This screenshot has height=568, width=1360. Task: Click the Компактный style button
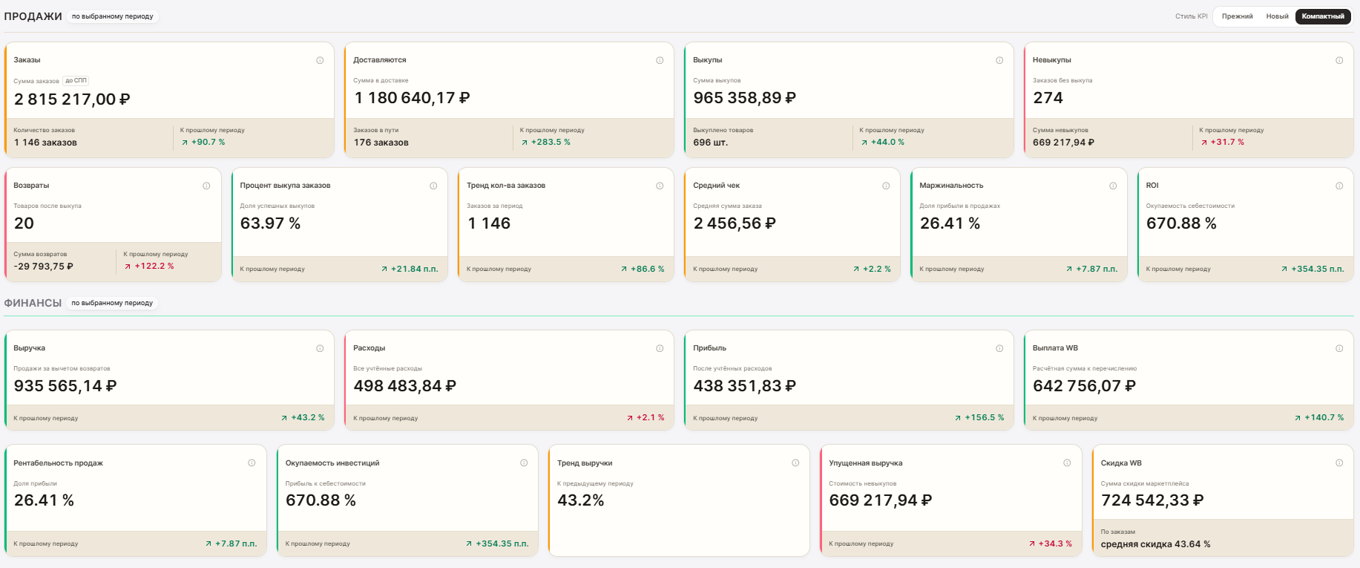pos(1323,16)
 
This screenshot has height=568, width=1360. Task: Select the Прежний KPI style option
pos(1237,16)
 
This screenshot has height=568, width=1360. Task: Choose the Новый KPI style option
pos(1277,16)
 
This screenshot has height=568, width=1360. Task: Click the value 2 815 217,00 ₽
pos(72,99)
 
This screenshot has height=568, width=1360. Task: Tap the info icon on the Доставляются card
pos(660,60)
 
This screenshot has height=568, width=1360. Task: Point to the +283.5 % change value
pos(551,142)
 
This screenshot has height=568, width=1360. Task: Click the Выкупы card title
pos(708,60)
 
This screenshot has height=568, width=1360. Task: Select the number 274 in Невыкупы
pos(1048,98)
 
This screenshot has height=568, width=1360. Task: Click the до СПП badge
pos(76,80)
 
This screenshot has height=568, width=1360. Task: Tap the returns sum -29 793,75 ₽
pos(44,266)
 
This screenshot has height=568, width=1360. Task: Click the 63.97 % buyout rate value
pos(270,223)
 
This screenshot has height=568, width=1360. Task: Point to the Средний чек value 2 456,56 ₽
pos(735,223)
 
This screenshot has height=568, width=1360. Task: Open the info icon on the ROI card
pos(1339,186)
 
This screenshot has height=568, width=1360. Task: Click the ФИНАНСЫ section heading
pos(33,303)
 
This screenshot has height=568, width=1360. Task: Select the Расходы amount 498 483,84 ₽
pos(404,386)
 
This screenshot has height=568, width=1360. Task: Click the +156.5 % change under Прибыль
pos(984,417)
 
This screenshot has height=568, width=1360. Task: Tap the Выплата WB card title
pos(1055,348)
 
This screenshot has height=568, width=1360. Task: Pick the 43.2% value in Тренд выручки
pos(581,500)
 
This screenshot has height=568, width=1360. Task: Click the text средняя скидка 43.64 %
pos(1155,544)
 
